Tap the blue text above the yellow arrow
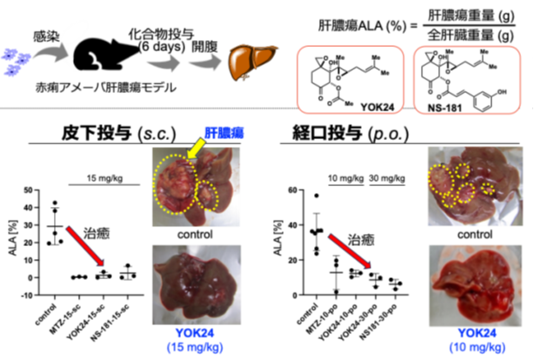tap(224, 132)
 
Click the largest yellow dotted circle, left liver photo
tap(177, 184)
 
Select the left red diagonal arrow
tap(85, 246)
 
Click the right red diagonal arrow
tap(350, 248)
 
